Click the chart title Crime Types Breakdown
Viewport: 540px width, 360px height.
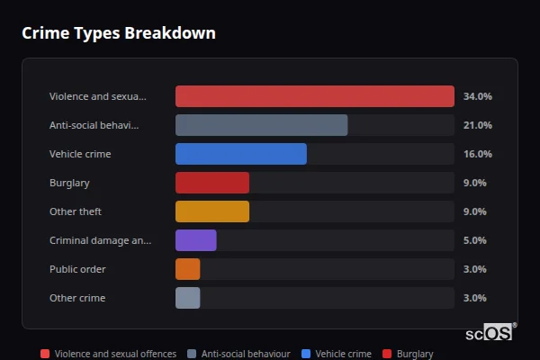coord(119,33)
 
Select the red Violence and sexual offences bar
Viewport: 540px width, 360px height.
coord(314,96)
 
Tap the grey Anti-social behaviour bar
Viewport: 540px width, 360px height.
coord(261,125)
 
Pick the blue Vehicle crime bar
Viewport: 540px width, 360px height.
coord(240,154)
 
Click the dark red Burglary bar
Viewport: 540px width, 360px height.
coord(211,183)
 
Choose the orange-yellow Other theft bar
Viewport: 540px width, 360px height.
coord(211,211)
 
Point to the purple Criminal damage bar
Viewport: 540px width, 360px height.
coord(195,240)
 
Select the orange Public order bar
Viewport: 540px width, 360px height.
coord(187,269)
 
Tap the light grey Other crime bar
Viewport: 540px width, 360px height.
coord(187,298)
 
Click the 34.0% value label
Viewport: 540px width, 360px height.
coord(477,96)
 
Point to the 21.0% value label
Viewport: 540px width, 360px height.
coord(477,125)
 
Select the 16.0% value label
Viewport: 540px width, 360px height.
coord(477,154)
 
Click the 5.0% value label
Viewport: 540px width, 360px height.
coord(474,240)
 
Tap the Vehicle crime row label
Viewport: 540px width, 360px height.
coord(80,154)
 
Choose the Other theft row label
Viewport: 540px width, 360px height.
coord(76,211)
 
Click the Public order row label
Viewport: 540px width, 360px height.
coord(77,269)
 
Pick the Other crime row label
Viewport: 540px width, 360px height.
coord(77,298)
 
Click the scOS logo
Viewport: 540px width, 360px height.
coord(490,332)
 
